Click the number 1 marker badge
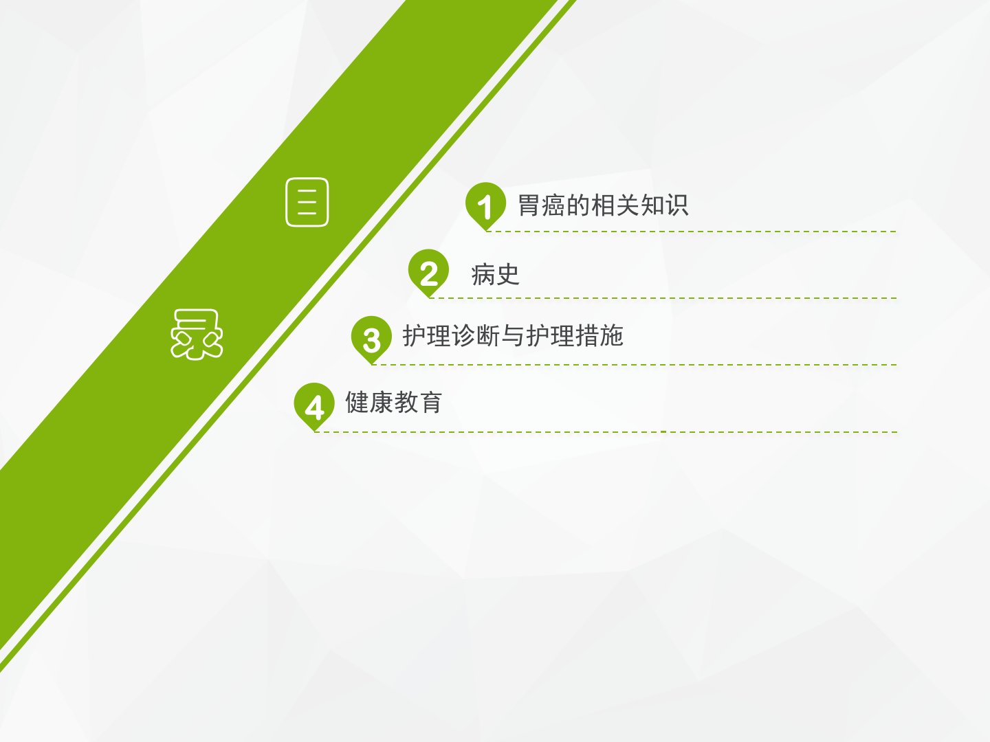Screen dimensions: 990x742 pyautogui.click(x=486, y=205)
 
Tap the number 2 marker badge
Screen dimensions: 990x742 pyautogui.click(x=428, y=272)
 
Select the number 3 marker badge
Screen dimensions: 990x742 pyautogui.click(x=371, y=339)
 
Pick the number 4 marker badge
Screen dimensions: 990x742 pyautogui.click(x=314, y=405)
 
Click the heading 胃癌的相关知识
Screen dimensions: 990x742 pyautogui.click(x=602, y=205)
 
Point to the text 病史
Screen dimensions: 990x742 pyautogui.click(x=495, y=274)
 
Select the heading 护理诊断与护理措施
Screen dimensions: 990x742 pyautogui.click(x=513, y=336)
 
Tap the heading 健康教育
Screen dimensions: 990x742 pyautogui.click(x=394, y=403)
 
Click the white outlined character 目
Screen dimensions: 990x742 pyautogui.click(x=307, y=202)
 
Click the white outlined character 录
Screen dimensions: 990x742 pyautogui.click(x=197, y=335)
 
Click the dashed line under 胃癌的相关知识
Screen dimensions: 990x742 pyautogui.click(x=692, y=232)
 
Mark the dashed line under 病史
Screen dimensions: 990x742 pyautogui.click(x=663, y=298)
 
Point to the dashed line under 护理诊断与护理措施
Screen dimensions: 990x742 pyautogui.click(x=634, y=365)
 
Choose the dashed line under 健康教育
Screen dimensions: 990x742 pyautogui.click(x=606, y=432)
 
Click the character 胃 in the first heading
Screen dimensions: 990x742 pyautogui.click(x=529, y=205)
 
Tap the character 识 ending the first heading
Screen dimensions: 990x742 pyautogui.click(x=676, y=205)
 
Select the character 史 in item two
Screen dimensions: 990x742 pyautogui.click(x=507, y=274)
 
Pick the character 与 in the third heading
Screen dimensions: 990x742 pyautogui.click(x=513, y=336)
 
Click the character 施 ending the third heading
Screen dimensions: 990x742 pyautogui.click(x=612, y=336)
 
